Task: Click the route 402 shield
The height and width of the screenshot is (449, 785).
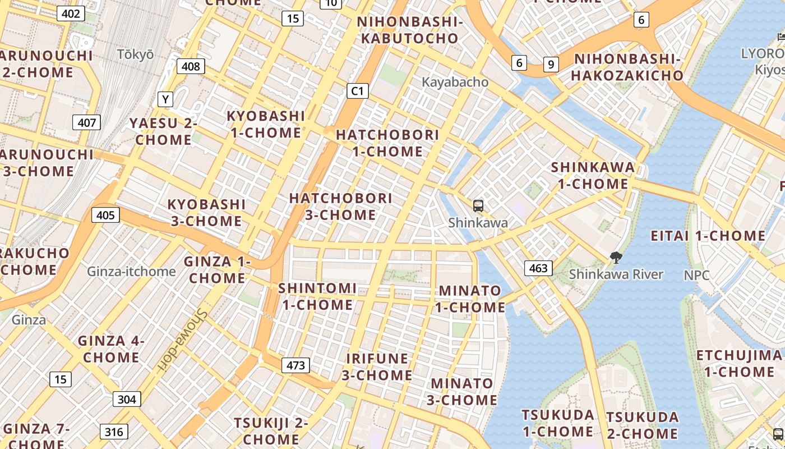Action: point(71,13)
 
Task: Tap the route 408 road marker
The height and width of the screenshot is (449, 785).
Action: point(191,66)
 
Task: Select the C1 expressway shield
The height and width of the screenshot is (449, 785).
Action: point(357,90)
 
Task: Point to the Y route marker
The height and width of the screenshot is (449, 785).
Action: point(165,99)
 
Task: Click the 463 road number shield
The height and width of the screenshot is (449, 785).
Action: point(538,268)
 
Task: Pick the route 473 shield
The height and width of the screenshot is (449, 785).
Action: point(295,365)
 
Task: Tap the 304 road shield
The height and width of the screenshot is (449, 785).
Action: point(127,399)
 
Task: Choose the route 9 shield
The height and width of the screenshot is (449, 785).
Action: point(551,64)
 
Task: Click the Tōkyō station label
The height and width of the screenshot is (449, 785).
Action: point(135,54)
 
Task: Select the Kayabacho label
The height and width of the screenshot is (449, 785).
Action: point(455,82)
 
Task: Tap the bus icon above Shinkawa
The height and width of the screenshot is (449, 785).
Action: point(478,206)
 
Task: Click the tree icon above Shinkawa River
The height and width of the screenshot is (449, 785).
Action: point(616,258)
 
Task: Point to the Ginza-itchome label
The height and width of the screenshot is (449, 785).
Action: point(131,272)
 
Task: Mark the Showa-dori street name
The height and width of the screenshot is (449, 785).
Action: point(183,340)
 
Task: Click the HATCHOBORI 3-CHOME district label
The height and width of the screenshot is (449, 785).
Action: point(340,207)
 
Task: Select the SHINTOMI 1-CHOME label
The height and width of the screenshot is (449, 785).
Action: point(317,296)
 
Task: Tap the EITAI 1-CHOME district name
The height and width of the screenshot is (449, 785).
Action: point(708,236)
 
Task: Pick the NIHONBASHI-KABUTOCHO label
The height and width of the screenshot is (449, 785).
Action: point(410,30)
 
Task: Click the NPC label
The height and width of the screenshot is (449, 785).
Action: point(696,276)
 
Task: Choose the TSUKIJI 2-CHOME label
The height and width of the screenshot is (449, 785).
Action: point(271,430)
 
